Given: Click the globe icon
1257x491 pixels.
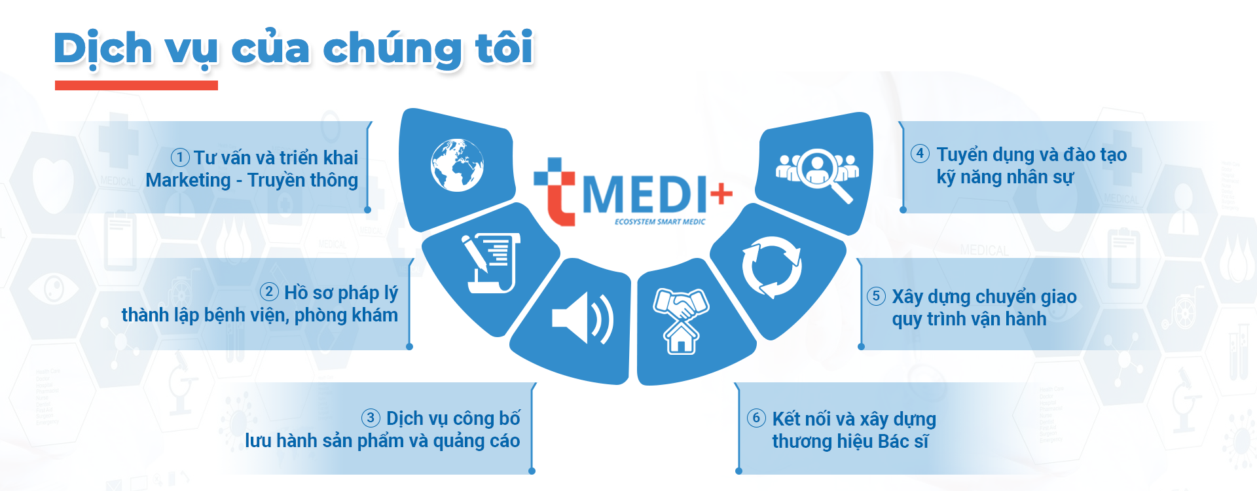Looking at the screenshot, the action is point(457,165).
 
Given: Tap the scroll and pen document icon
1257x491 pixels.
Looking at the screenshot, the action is point(493,263).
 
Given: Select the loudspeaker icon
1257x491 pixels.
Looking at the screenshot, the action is point(583,318).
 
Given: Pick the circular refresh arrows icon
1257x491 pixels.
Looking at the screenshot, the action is point(772,268).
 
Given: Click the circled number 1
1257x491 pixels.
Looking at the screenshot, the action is point(180,158).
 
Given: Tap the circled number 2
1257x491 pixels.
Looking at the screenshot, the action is point(269,292).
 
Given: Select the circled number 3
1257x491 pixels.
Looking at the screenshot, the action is point(371,418).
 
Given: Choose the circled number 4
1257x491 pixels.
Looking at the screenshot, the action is point(920,153).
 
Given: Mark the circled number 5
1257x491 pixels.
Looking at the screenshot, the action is point(876,296).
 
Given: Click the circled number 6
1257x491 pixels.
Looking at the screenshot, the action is point(756,418).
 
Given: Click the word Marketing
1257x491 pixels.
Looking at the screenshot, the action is point(188,181).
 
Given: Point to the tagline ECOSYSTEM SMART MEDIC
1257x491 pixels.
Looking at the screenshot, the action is point(660,222).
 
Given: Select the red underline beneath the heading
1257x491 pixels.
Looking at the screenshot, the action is point(136,85).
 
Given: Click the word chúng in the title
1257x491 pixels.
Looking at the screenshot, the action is point(392,49).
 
